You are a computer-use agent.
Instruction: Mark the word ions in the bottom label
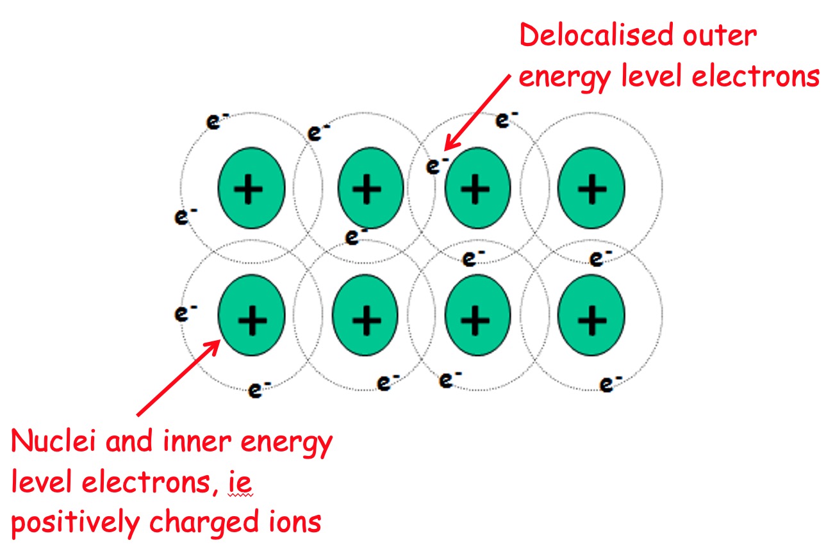coord(297,523)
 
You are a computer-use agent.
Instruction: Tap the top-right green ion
coord(591,187)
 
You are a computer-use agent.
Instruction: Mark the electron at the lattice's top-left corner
coord(213,122)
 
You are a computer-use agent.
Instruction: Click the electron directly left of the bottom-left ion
coord(185,313)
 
